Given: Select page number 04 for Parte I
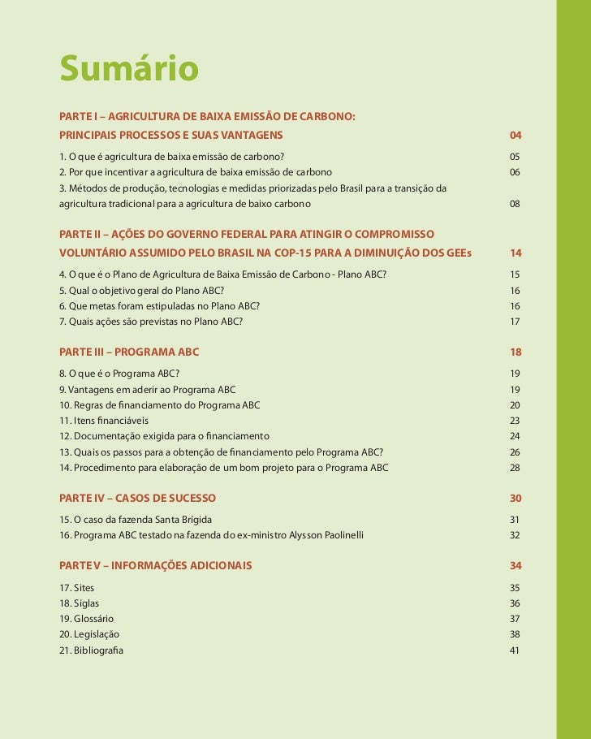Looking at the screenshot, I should point(515,133).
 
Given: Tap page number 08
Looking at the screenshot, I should point(515,204).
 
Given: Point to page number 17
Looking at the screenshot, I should point(515,322).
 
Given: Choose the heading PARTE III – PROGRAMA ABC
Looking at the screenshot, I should point(129,352).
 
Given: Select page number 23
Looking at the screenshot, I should point(515,421).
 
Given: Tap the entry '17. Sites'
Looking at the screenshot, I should point(77,587).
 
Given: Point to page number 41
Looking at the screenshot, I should point(515,650).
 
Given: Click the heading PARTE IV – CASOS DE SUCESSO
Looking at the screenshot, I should point(137,497).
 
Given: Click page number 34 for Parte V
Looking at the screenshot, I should point(515,565).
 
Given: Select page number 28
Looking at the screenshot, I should point(515,468).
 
